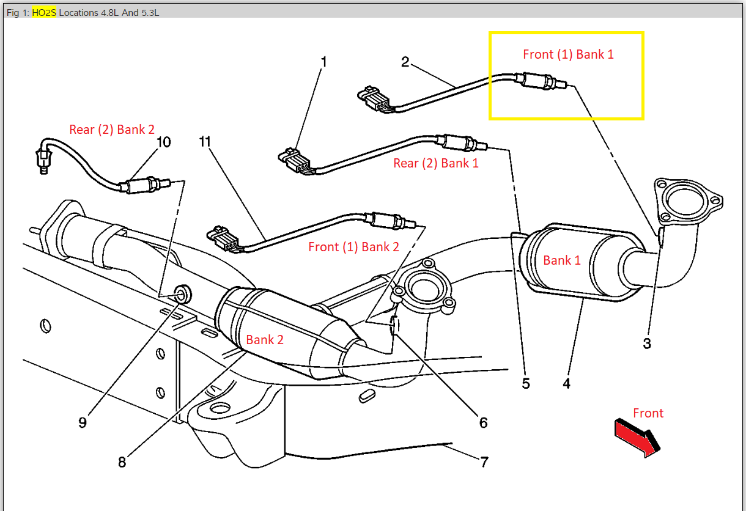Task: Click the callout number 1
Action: pyautogui.click(x=324, y=62)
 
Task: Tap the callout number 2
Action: pyautogui.click(x=405, y=62)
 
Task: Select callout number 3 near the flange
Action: pyautogui.click(x=647, y=344)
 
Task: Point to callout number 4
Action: pyautogui.click(x=566, y=383)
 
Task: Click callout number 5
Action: pyautogui.click(x=526, y=383)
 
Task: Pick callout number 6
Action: pyautogui.click(x=483, y=422)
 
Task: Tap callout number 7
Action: pyautogui.click(x=484, y=462)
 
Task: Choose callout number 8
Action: pyautogui.click(x=122, y=462)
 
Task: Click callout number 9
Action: pyautogui.click(x=83, y=422)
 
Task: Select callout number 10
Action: pyautogui.click(x=163, y=142)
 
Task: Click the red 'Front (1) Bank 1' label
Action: pyautogui.click(x=568, y=54)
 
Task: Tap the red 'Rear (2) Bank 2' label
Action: pyautogui.click(x=112, y=129)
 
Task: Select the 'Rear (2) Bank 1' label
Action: pyautogui.click(x=436, y=163)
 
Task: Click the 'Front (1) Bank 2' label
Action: pyautogui.click(x=353, y=247)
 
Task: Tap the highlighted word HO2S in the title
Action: pyautogui.click(x=44, y=12)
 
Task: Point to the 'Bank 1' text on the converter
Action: pyautogui.click(x=562, y=260)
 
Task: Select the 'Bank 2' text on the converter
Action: pyautogui.click(x=265, y=340)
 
